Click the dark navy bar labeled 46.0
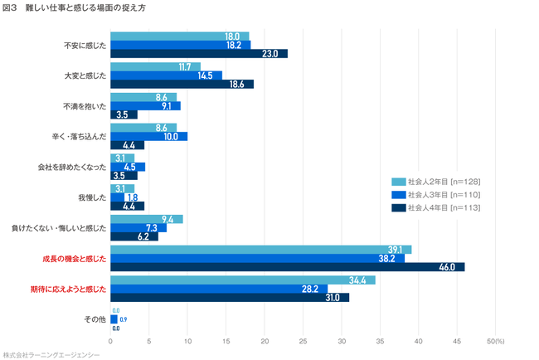pos(287,267)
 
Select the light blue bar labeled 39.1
pos(260,249)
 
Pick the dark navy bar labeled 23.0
pos(199,54)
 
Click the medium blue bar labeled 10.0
pos(148,136)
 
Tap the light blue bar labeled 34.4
pos(242,280)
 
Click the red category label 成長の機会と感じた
pos(75,258)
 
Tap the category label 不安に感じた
pos(85,45)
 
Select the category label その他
pos(95,319)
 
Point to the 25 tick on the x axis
pos(303,340)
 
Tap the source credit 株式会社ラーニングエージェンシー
pos(51,353)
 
